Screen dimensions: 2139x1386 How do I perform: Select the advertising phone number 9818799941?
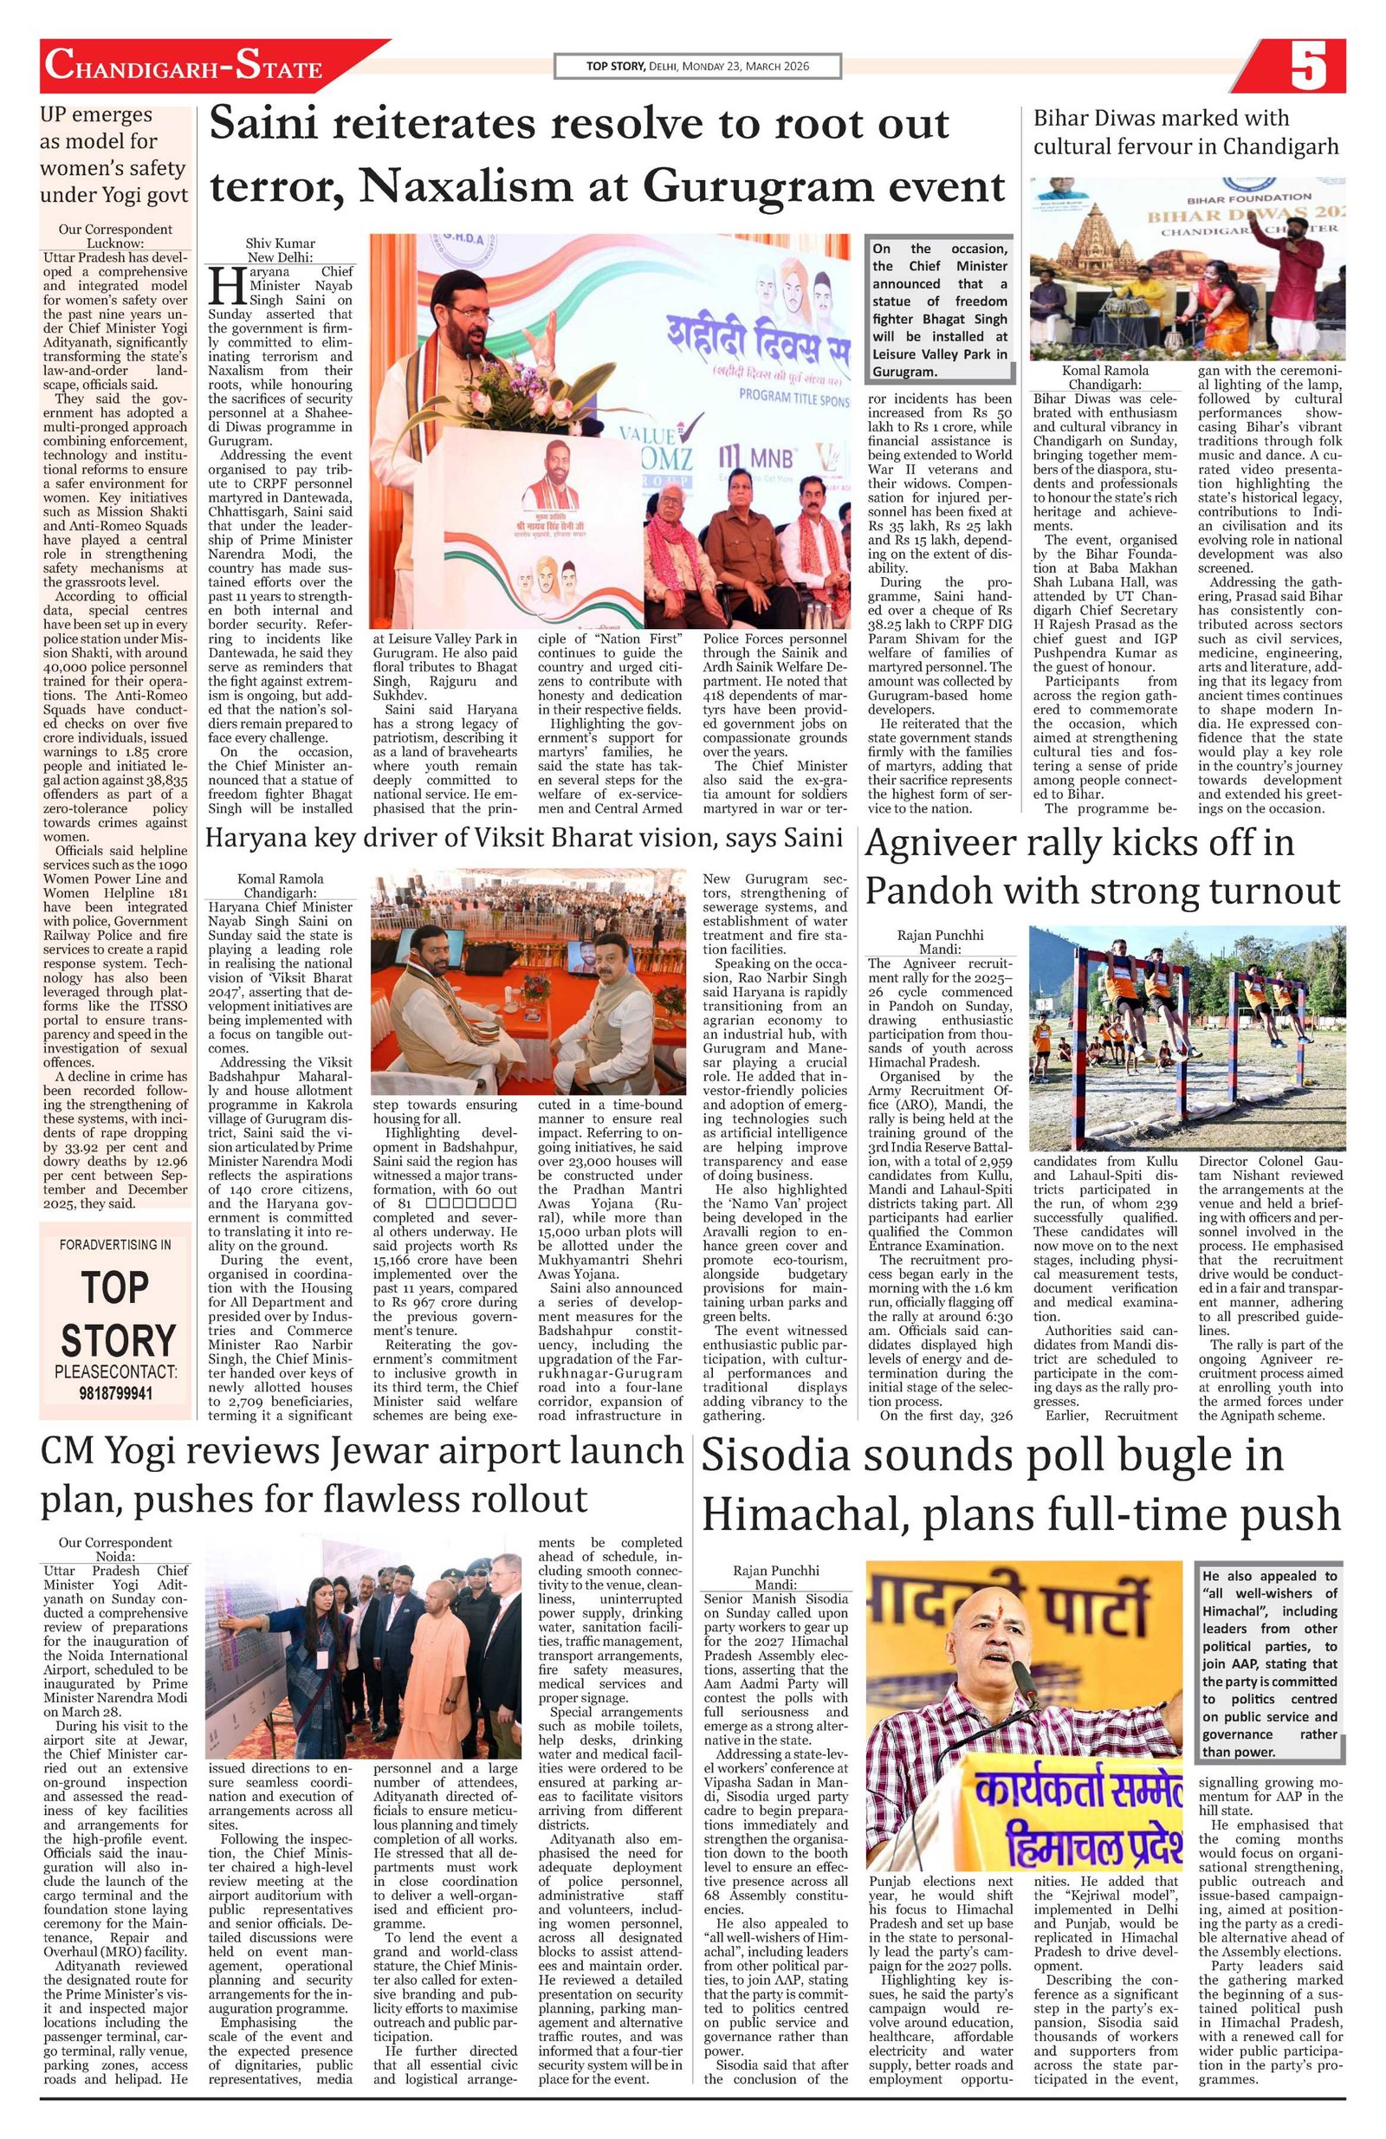pos(116,1393)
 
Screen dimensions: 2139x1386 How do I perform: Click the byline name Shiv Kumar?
pos(281,243)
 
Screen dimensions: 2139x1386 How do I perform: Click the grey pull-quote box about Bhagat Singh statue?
pos(939,309)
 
